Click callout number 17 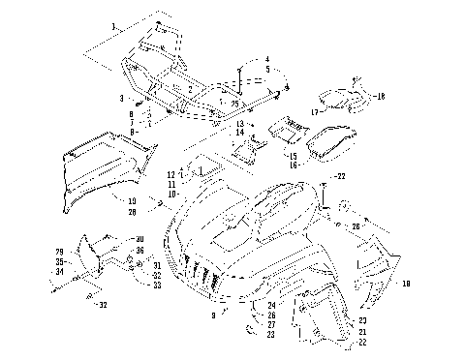click(313, 112)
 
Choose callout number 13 click(239, 126)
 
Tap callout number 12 click(170, 173)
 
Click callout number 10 click(170, 194)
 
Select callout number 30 click(140, 239)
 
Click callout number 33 click(157, 284)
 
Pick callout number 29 click(59, 252)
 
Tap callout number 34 click(59, 272)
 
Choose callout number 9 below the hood click(213, 315)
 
